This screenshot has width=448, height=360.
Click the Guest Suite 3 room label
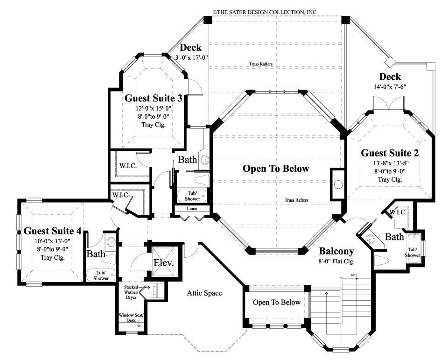coord(153,98)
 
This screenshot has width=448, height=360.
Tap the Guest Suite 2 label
coord(390,153)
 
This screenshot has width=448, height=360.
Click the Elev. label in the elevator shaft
coord(163,263)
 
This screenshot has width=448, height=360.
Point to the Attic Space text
coord(204,293)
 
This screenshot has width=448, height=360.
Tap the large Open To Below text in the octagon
coord(276,169)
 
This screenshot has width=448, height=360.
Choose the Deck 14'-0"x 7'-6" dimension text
coord(390,86)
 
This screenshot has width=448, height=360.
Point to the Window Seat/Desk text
coord(132,318)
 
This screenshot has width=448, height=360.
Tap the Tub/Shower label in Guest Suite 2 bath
coord(413,252)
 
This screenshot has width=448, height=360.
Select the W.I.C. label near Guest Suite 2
coord(398,212)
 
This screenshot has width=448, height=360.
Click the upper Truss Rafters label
coord(260,64)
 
